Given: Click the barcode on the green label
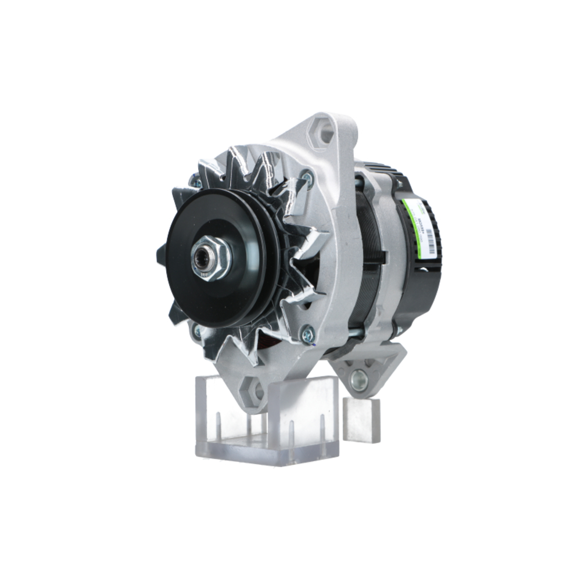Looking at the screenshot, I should coord(429,239).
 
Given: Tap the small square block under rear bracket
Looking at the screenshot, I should coord(361,418).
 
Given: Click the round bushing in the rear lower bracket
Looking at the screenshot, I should coord(358,380).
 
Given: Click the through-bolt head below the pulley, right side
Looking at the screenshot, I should coord(307,333).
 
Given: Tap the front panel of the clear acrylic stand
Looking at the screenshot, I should coord(302,418).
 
